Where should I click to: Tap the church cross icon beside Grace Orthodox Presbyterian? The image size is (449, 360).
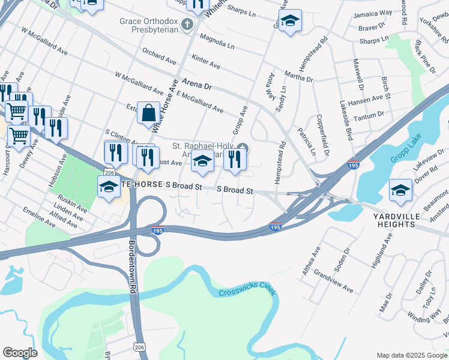[x=187, y=25]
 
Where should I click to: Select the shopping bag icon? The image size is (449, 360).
[x=148, y=112]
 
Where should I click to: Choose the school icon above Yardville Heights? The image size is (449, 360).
[x=400, y=191]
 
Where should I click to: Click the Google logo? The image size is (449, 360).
[x=20, y=352]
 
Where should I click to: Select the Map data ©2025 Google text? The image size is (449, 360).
[x=411, y=355]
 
